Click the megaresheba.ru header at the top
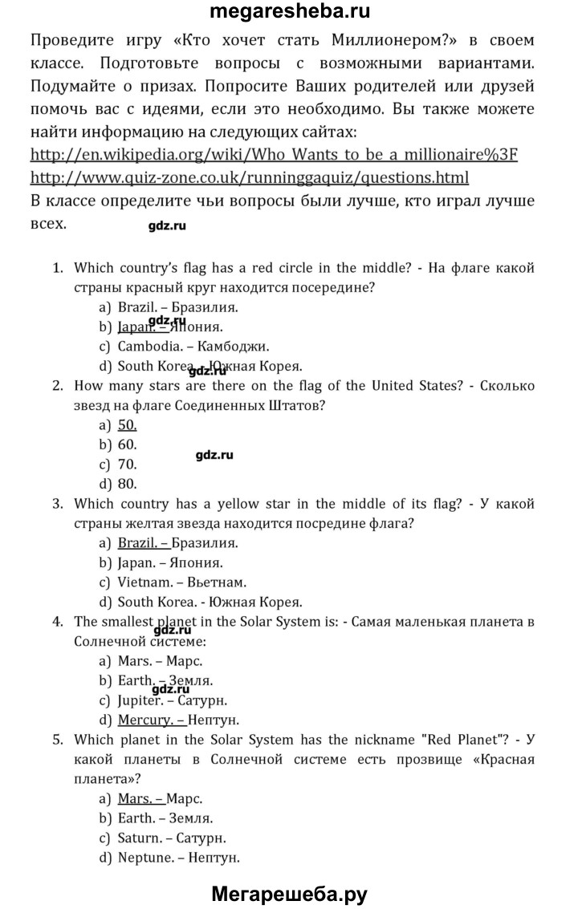click(289, 12)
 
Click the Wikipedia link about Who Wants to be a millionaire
click(274, 154)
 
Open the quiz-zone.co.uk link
click(249, 177)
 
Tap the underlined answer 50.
click(127, 425)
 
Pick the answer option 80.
click(127, 484)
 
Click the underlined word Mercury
click(144, 720)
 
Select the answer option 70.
click(127, 465)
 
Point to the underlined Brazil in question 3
click(137, 542)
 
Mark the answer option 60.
click(127, 444)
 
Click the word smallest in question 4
click(128, 621)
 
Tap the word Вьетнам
click(218, 582)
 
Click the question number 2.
click(58, 386)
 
